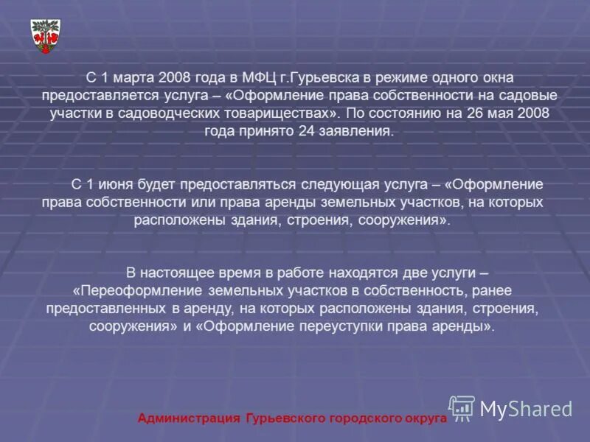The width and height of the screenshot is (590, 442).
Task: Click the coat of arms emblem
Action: [x=45, y=35]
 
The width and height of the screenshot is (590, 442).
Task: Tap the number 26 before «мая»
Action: [x=465, y=114]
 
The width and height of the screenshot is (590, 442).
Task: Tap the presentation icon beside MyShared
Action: [x=462, y=407]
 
